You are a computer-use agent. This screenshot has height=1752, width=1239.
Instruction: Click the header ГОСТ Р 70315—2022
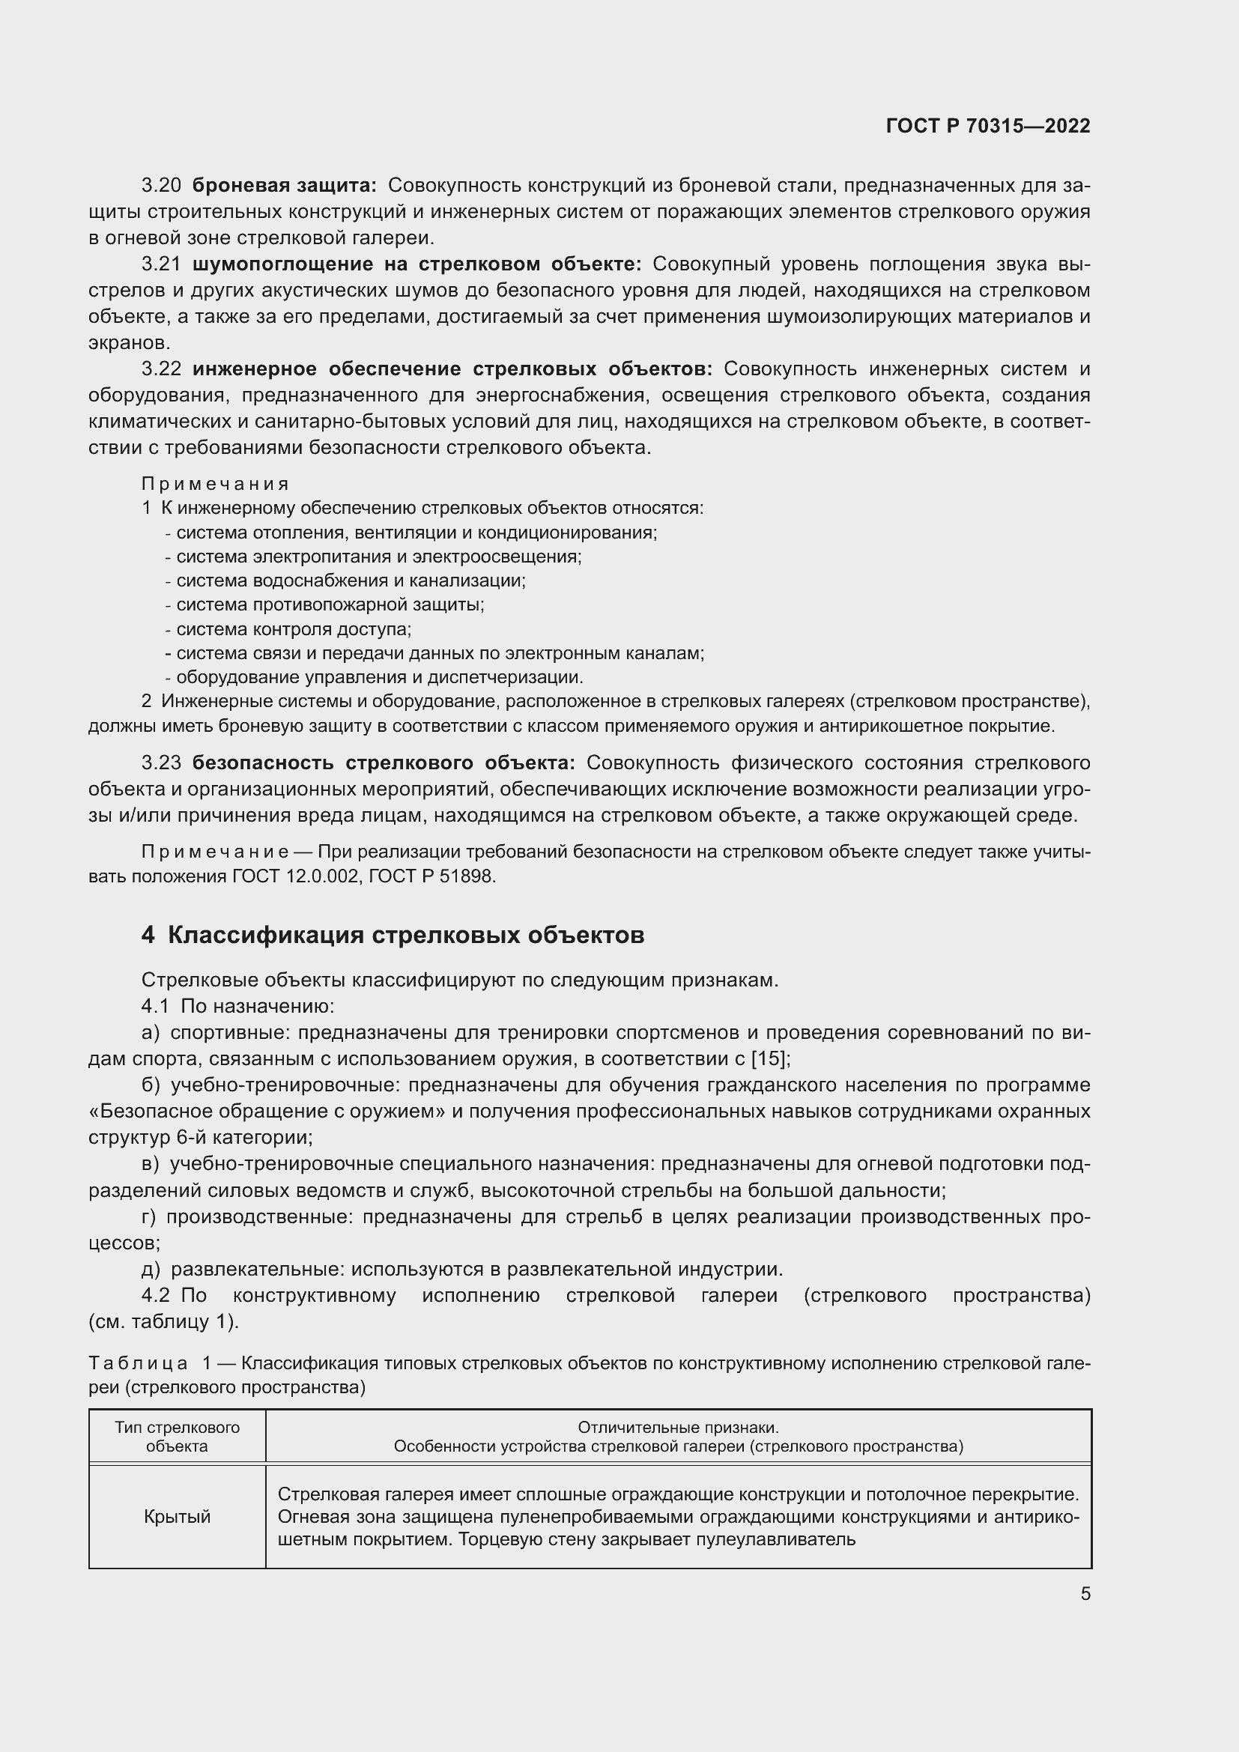click(987, 126)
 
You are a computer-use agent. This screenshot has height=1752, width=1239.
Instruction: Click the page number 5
click(1085, 1593)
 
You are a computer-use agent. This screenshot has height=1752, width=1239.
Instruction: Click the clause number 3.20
click(161, 186)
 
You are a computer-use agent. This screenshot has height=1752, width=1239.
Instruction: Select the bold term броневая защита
click(284, 186)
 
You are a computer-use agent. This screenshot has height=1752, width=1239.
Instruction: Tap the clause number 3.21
click(161, 264)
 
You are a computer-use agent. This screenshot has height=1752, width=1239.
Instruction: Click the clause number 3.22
click(161, 369)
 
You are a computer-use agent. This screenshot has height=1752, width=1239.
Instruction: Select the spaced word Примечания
click(215, 484)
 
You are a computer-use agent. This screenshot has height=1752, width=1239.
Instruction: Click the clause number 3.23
click(161, 763)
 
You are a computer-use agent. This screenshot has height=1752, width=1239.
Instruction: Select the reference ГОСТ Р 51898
click(431, 877)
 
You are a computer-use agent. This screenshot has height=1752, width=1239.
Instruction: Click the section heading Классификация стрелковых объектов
click(405, 936)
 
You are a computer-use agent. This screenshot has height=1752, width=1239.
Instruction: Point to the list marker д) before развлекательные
click(151, 1269)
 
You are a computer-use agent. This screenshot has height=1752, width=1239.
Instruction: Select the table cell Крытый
click(177, 1517)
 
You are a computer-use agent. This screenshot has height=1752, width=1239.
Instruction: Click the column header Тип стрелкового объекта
click(177, 1437)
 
